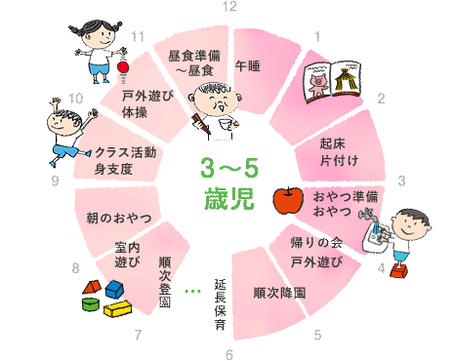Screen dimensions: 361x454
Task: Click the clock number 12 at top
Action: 228,7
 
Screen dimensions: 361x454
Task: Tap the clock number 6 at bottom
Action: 228,353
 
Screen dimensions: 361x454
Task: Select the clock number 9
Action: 55,180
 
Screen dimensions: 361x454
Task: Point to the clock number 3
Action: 401,180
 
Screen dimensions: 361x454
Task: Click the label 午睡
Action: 247,66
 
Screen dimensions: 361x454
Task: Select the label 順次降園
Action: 279,292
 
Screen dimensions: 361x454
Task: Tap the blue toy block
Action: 115,290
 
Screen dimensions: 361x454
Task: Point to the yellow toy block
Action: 117,309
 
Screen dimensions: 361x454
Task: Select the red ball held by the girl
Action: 124,66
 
